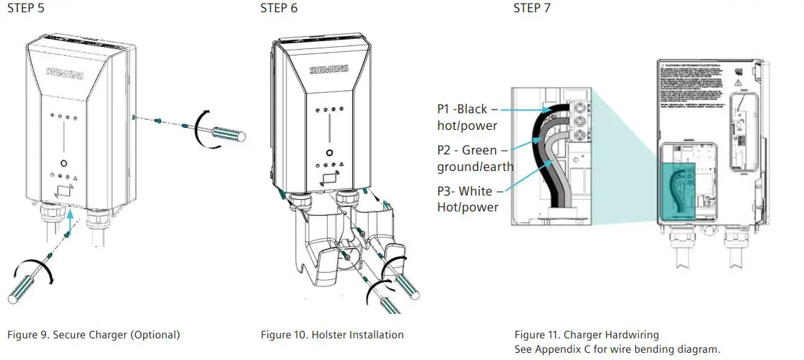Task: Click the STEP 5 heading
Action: tap(26, 9)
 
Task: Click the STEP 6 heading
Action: tap(279, 9)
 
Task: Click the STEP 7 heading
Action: tap(531, 9)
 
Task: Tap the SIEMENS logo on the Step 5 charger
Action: tap(65, 73)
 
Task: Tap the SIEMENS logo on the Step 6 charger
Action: tap(328, 70)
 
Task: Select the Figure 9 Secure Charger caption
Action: tap(93, 335)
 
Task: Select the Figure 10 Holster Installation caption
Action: tap(332, 335)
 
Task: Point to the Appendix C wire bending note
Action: tap(617, 349)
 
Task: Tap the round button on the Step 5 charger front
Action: tap(64, 163)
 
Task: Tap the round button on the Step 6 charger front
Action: tap(328, 153)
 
